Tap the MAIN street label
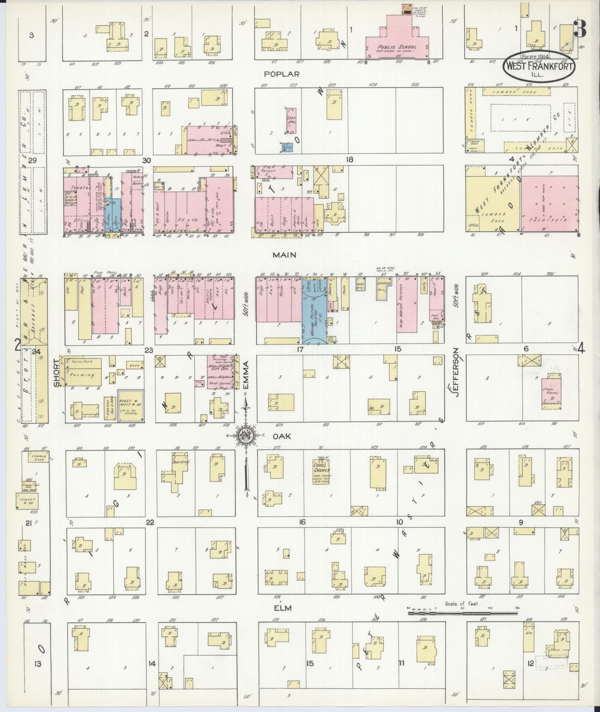pyautogui.click(x=284, y=255)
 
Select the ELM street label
pyautogui.click(x=282, y=608)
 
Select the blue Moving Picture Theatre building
pyautogui.click(x=314, y=316)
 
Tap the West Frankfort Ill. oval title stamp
pyautogui.click(x=539, y=65)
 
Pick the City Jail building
pyautogui.click(x=292, y=120)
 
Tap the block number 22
pyautogui.click(x=150, y=522)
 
